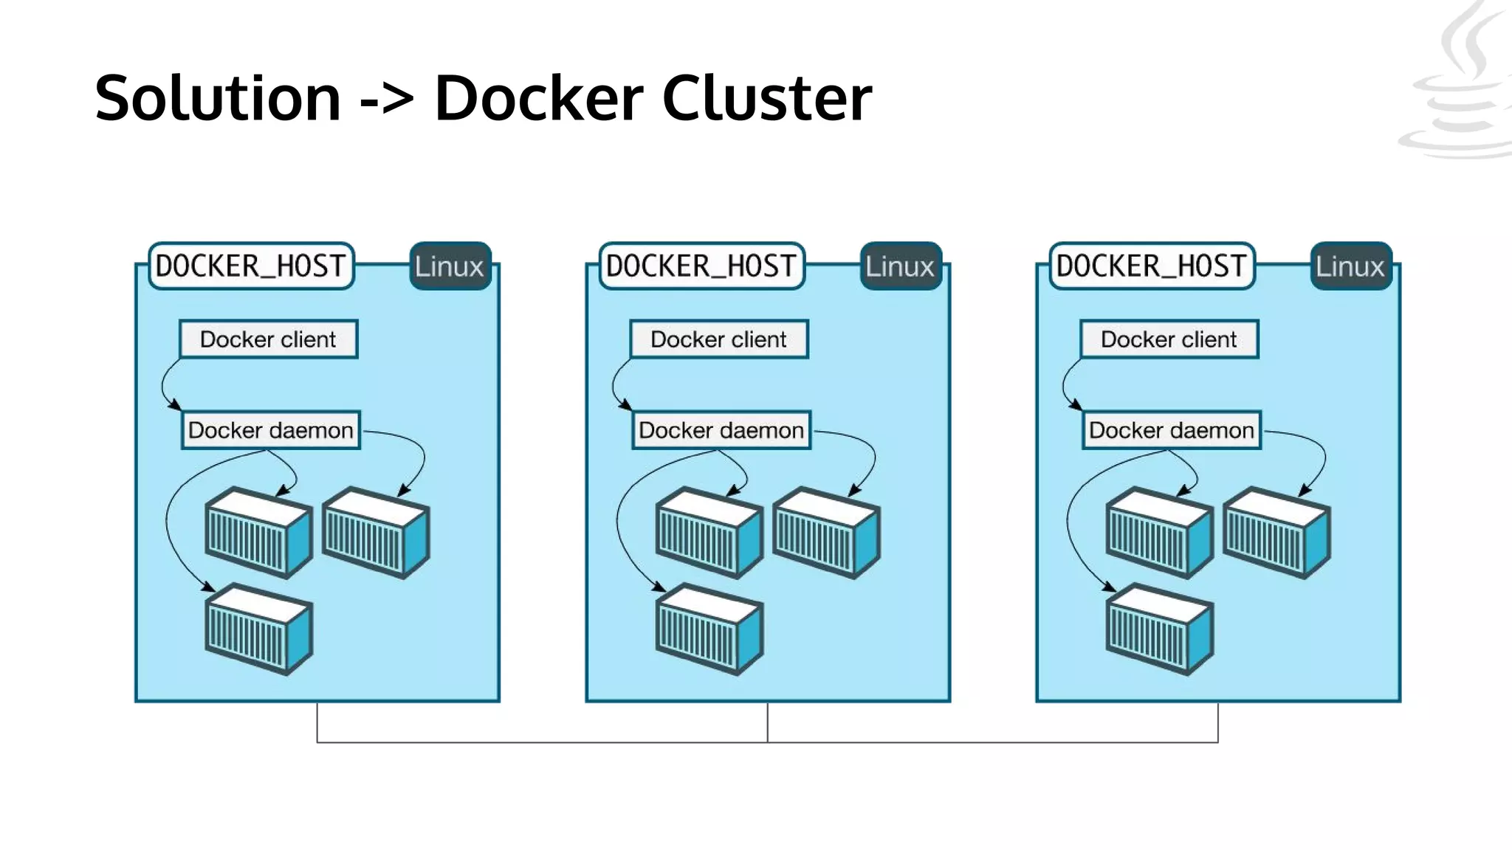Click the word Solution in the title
point(218,97)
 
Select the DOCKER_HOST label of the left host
point(251,266)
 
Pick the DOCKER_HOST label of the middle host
point(701,266)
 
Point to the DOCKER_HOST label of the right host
point(1152,266)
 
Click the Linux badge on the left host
point(450,266)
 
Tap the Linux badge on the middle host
point(900,266)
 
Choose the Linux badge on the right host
point(1350,266)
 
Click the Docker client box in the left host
point(268,339)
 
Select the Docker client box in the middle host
point(718,339)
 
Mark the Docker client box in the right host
point(1169,339)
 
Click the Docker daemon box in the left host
point(271,430)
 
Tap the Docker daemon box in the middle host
point(721,430)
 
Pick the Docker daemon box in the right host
point(1172,430)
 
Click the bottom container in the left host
point(258,629)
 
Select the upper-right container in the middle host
point(826,533)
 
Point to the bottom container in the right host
point(1159,629)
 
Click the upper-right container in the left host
point(376,533)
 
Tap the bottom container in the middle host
point(709,629)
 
